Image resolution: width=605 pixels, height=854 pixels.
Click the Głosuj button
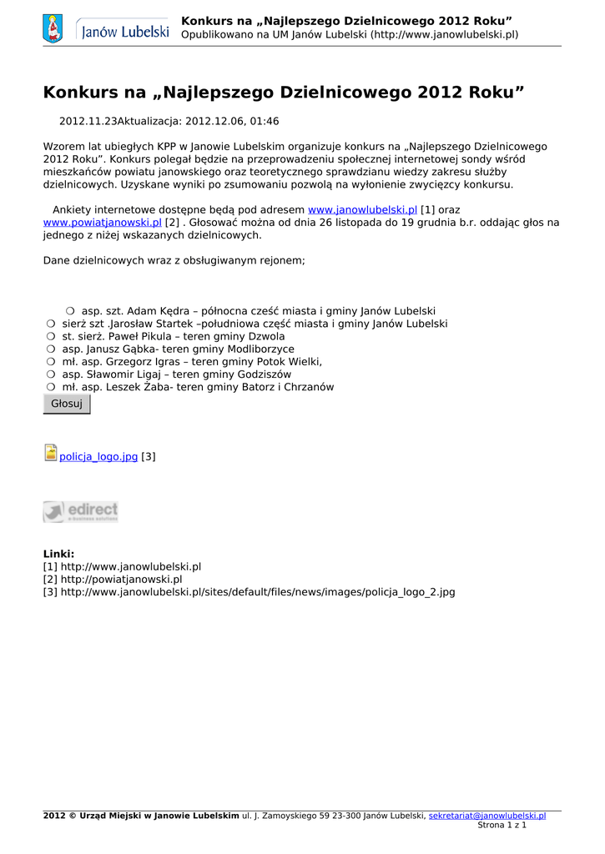pos(67,404)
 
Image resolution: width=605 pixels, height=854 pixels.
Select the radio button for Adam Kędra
pos(70,311)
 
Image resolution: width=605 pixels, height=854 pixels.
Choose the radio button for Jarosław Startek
pos(51,324)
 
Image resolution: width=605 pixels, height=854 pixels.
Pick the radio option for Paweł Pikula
pos(51,336)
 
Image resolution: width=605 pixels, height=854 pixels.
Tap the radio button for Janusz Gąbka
pos(51,349)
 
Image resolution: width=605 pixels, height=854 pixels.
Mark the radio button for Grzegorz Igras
pos(51,362)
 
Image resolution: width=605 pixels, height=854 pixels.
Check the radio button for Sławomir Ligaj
pos(51,374)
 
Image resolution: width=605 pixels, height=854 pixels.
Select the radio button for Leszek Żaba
pos(51,387)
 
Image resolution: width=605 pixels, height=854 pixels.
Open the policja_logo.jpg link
pos(98,457)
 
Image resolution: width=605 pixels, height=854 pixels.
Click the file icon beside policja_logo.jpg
pos(50,453)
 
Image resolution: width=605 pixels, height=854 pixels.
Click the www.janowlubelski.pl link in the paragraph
pos(362,210)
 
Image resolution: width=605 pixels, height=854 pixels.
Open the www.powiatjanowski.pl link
pos(102,223)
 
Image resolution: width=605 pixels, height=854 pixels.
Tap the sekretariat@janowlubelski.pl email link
pos(487,816)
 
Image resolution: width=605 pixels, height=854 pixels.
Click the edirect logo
pos(80,511)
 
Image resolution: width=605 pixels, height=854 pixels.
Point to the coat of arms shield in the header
pos(53,29)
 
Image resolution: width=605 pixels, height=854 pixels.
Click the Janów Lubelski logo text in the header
pos(124,32)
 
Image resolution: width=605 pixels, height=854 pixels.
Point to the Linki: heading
pos(58,554)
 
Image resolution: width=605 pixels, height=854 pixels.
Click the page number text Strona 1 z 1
pos(502,825)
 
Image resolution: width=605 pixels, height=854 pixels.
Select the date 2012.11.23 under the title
pos(88,121)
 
